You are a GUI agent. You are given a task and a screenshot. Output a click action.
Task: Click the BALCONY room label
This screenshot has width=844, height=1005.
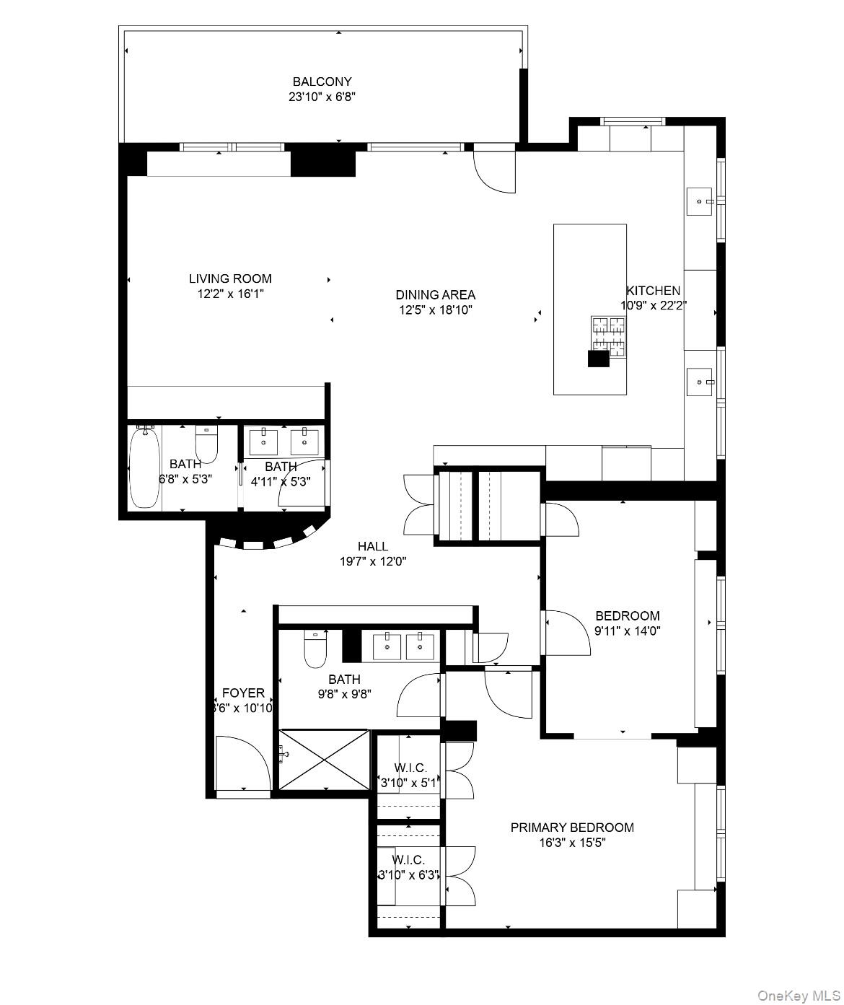click(322, 82)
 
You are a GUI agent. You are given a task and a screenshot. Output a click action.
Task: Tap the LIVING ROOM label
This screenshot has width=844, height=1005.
click(230, 278)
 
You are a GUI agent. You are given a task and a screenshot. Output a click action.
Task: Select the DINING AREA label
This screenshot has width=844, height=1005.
click(435, 294)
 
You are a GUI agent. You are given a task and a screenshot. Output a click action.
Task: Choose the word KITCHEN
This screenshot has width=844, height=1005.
click(653, 290)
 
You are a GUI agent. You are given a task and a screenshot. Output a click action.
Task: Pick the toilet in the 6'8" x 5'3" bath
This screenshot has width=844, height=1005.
click(207, 445)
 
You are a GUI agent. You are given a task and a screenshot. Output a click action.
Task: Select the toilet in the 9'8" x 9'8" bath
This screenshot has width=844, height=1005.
click(315, 650)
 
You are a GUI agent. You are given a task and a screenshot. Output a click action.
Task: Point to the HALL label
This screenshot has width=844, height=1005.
click(373, 546)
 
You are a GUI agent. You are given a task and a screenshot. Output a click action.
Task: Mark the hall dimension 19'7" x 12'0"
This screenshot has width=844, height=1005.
click(373, 562)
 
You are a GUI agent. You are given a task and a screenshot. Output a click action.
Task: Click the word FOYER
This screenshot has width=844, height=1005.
click(243, 693)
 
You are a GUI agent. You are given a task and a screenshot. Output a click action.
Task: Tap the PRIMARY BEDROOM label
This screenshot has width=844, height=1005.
click(572, 827)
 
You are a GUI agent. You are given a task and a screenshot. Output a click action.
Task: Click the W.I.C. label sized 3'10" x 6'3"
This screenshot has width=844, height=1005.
click(408, 860)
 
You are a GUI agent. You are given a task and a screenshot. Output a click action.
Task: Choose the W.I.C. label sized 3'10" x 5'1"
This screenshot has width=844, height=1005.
click(410, 768)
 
